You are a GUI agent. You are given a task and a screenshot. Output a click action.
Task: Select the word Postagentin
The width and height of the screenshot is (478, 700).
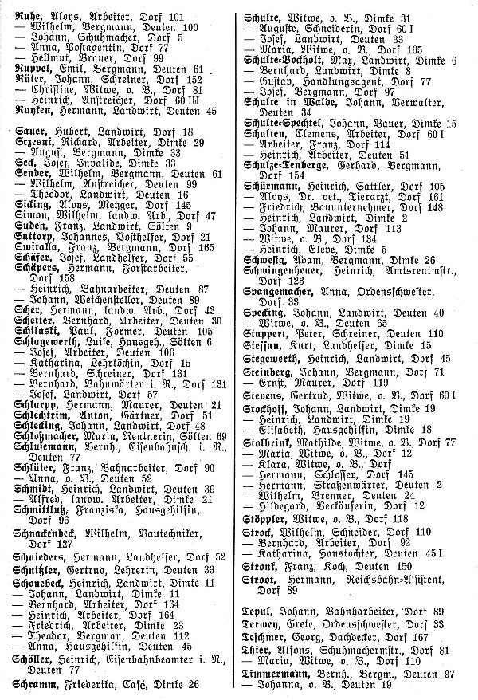point(84,47)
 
